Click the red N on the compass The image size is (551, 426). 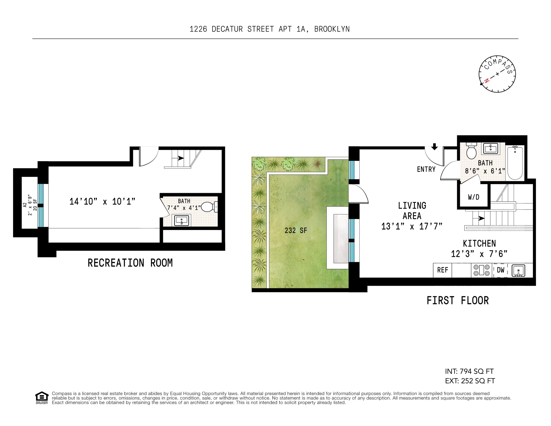487,81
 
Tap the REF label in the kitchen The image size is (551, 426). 443,270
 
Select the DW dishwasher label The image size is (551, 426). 501,270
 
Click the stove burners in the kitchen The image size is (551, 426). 481,270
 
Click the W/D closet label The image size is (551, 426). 473,197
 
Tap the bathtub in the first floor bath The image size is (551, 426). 515,163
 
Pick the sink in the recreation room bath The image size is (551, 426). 182,220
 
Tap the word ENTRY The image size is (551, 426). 426,169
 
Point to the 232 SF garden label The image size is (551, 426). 296,230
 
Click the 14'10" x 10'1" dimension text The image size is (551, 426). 102,201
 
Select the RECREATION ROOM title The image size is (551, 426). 130,263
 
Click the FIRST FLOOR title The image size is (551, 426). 457,301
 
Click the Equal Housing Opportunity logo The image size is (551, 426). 42,397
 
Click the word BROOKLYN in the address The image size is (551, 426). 332,29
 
